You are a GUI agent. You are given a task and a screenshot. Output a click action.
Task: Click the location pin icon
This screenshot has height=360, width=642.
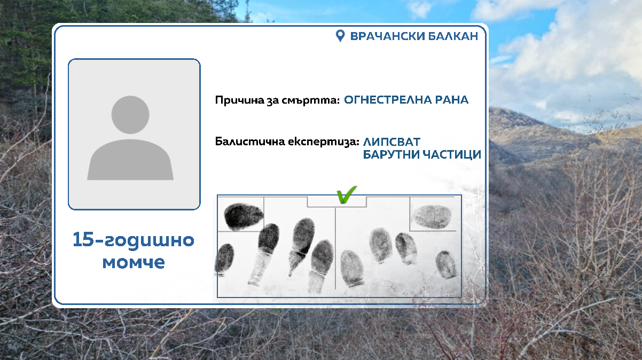click(x=340, y=36)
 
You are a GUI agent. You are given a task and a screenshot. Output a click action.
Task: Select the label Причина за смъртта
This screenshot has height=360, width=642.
click(x=277, y=100)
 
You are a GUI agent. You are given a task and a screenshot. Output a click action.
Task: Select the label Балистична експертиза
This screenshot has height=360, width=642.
click(x=286, y=142)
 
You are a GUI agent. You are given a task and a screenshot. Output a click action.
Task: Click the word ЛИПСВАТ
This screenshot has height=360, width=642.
click(x=392, y=142)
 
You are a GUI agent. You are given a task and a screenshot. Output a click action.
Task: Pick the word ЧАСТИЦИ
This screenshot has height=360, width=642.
click(x=453, y=155)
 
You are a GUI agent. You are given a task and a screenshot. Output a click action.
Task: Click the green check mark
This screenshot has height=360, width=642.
click(x=346, y=195)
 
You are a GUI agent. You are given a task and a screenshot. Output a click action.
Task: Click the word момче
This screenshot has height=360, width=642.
click(x=134, y=262)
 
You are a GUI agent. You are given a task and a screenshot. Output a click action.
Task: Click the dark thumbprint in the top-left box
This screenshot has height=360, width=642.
click(x=243, y=215)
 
